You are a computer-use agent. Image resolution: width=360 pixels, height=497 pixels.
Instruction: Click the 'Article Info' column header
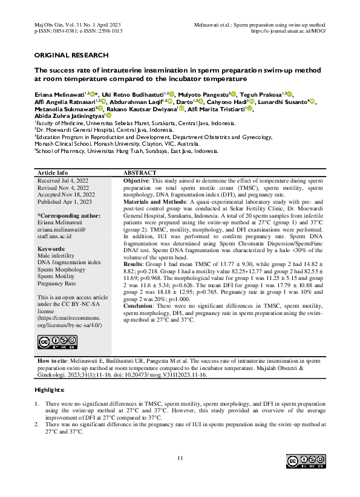pyautogui.click(x=53, y=172)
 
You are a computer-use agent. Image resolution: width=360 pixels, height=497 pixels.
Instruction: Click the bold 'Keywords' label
pyautogui.click(x=51, y=249)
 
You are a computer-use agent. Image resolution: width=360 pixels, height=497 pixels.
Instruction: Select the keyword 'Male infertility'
pyautogui.click(x=59, y=256)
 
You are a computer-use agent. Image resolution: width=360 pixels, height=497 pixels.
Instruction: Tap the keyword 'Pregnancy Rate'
pyautogui.click(x=57, y=283)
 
